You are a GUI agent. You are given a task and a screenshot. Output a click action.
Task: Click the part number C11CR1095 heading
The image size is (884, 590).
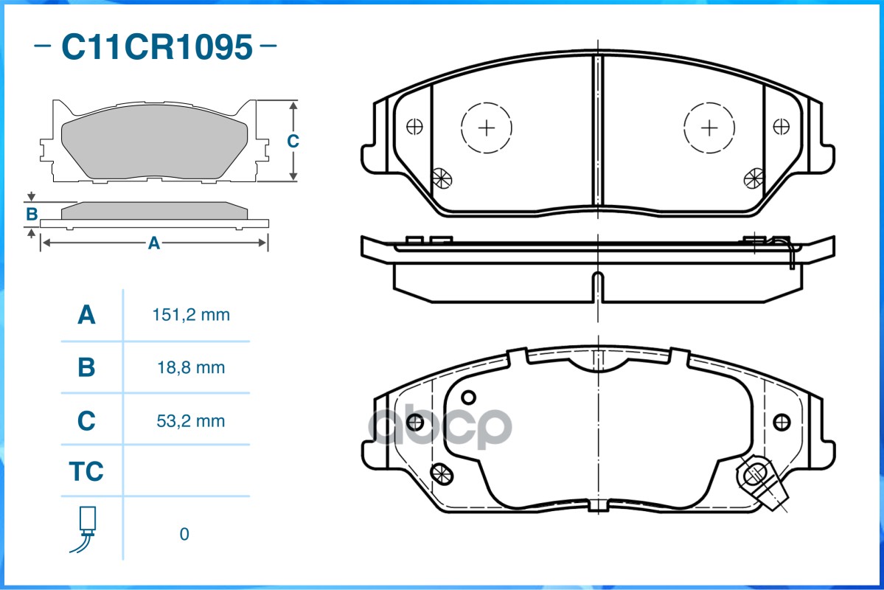[157, 46]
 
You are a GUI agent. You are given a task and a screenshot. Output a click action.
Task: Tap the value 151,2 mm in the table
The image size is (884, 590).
[191, 315]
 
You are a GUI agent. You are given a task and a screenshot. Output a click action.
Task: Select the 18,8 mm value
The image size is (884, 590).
[191, 368]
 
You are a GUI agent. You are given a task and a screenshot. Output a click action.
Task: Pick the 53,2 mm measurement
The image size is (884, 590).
[190, 421]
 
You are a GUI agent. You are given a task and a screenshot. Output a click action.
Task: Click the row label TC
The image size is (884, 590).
[86, 471]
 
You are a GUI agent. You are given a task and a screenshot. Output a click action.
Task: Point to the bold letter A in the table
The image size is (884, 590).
[86, 315]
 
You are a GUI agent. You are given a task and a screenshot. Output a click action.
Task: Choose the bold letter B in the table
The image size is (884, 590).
[86, 367]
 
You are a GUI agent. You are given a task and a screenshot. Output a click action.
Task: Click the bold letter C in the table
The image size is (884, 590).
[86, 421]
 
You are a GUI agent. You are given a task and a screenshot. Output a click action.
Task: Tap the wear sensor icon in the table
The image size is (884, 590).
[84, 530]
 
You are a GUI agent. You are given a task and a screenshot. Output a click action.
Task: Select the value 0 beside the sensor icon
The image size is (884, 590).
[184, 534]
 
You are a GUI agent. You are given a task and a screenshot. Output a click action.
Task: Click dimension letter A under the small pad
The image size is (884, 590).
[154, 243]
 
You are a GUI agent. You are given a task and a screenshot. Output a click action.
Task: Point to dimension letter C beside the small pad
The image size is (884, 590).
[293, 141]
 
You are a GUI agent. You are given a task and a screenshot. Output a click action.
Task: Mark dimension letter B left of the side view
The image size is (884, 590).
[32, 215]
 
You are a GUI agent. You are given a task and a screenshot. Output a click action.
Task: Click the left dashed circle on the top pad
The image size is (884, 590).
[486, 128]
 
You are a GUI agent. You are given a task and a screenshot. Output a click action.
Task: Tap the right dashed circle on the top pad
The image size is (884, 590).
[709, 128]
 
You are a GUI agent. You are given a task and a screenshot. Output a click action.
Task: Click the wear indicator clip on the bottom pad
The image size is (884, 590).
[762, 483]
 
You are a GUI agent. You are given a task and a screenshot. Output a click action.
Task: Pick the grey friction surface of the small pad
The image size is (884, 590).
[154, 141]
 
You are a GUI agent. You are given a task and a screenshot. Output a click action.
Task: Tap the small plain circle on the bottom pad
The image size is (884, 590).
[468, 398]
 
